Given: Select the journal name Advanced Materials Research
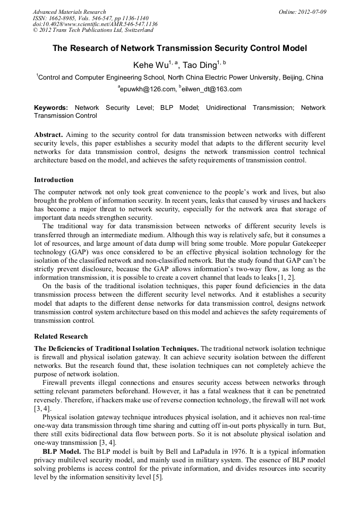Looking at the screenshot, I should pos(70,12).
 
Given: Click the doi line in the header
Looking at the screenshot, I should pos(95,24).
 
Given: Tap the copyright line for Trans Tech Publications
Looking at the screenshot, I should pos(93,30).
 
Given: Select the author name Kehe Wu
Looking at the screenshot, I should pos(150,65).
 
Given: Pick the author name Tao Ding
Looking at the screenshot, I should pos(200,65).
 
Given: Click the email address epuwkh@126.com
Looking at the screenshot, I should pos(148,89).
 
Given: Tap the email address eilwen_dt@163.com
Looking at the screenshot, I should pos(212,89).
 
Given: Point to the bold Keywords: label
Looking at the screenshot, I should pos(51,108).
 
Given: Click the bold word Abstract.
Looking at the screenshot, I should pos(48,135).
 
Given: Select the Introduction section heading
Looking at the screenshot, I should pos(54,180).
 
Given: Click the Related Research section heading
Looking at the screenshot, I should pos(61,337).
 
